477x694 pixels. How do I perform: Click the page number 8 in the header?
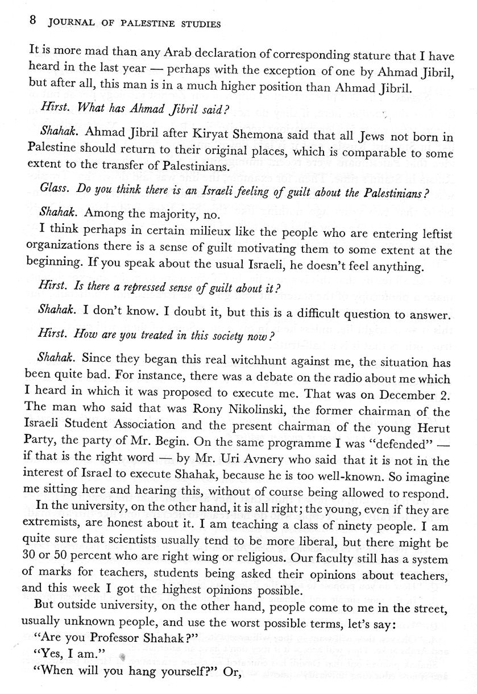32,22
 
